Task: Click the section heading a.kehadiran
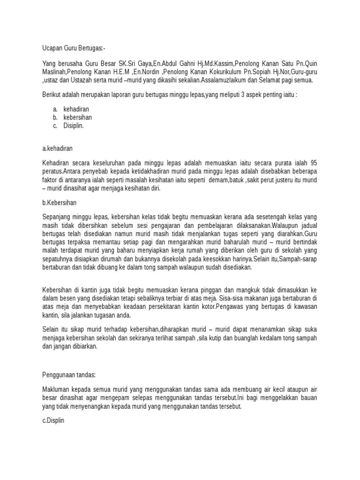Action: point(57,148)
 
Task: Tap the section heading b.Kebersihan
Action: point(59,203)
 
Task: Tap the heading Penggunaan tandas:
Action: point(68,375)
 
